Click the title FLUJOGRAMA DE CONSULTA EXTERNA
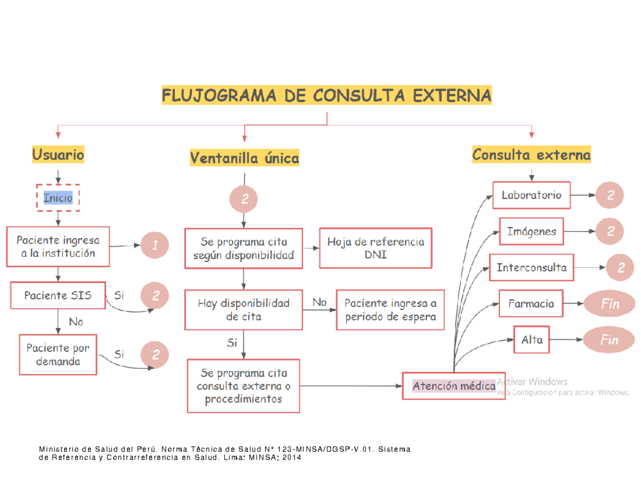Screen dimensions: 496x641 click(x=326, y=96)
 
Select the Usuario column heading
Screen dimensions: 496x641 click(x=58, y=155)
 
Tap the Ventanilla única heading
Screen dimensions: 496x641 click(x=244, y=158)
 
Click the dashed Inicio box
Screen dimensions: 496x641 click(x=58, y=198)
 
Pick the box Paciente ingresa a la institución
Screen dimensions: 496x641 click(x=58, y=247)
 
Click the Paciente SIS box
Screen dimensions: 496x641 click(x=58, y=295)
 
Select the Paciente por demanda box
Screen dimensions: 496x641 click(x=58, y=355)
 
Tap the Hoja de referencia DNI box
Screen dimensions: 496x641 click(x=375, y=248)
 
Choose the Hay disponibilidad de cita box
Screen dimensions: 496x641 click(x=244, y=310)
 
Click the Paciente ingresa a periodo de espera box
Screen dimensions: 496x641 click(x=390, y=310)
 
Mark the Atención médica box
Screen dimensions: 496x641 click(x=453, y=385)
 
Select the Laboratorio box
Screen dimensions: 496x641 click(x=531, y=195)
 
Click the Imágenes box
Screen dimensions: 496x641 click(x=531, y=232)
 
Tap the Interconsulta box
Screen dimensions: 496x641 click(x=531, y=267)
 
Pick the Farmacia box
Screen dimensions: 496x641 click(x=531, y=303)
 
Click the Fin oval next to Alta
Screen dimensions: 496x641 click(x=609, y=340)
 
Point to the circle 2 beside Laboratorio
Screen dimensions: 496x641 click(x=610, y=196)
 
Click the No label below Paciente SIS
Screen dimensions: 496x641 click(x=76, y=322)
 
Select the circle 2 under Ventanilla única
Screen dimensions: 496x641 click(x=244, y=200)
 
